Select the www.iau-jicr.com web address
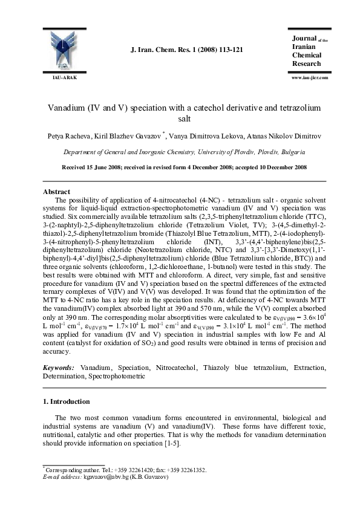(x=309, y=78)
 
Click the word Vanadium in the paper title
(x=69, y=107)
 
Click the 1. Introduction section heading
(x=67, y=401)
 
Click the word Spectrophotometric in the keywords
(x=117, y=375)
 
